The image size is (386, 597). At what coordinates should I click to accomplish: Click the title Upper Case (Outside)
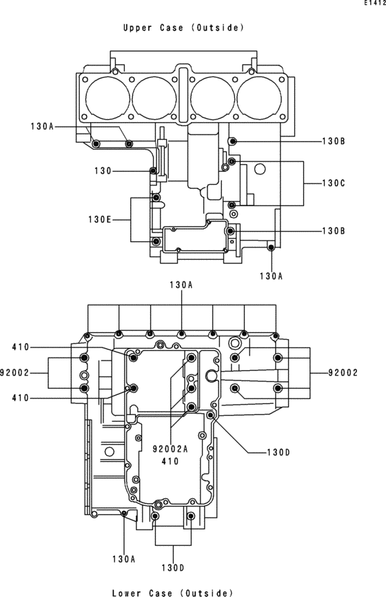183,28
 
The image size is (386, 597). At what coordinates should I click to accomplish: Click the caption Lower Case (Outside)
172,592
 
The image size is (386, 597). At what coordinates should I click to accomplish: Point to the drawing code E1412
374,3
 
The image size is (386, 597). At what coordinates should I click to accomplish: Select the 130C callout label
334,183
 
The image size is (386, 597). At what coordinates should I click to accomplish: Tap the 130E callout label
100,220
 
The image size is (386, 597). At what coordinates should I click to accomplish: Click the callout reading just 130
103,172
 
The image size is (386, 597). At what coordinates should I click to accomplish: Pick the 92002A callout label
170,449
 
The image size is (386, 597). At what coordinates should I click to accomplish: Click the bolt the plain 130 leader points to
153,170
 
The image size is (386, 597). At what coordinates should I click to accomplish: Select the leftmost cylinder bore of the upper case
108,99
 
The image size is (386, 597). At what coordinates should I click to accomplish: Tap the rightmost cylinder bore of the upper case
259,99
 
